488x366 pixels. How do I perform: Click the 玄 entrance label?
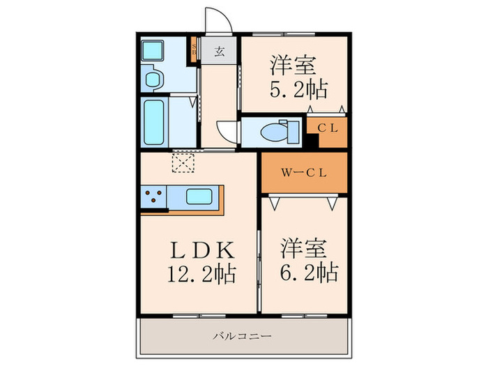pos(219,51)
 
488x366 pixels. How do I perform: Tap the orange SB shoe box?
pos(194,50)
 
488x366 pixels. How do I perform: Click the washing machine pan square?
pos(152,51)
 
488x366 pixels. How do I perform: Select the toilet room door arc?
pos(227,131)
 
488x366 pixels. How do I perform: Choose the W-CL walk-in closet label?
pos(303,174)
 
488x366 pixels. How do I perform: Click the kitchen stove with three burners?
pos(153,197)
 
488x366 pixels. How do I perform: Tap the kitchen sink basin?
pos(200,196)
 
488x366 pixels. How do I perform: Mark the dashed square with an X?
pos(184,162)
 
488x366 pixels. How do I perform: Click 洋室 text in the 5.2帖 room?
pos(293,66)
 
